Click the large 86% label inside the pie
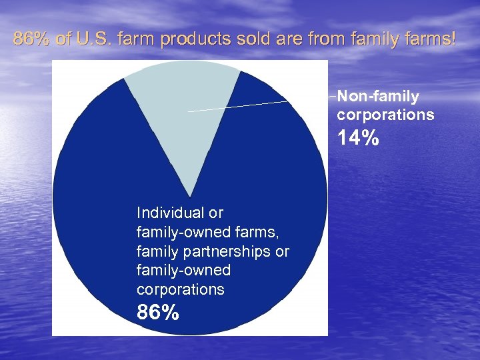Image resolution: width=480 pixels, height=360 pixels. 158,312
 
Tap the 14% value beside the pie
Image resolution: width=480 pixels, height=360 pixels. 358,139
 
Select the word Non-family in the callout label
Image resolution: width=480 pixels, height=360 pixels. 378,97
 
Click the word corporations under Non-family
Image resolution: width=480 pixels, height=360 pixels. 385,115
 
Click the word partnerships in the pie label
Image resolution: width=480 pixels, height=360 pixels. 227,251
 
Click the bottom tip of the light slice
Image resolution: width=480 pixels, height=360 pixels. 191,196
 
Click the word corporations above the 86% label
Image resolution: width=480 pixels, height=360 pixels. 181,290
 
